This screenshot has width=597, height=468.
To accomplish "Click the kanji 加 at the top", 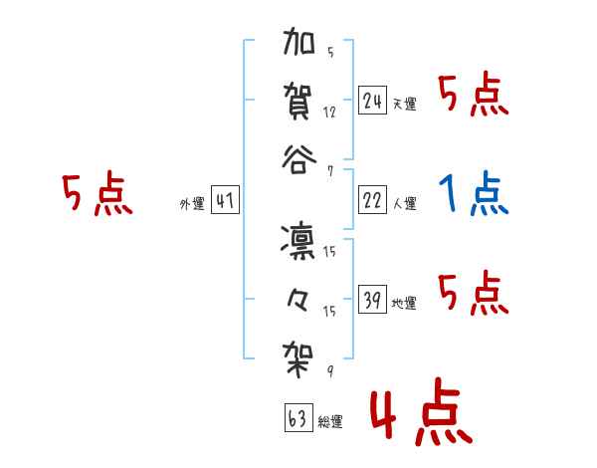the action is (x=299, y=44).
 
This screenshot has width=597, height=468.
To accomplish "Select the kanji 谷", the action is (x=299, y=159).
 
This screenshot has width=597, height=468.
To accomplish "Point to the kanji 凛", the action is (x=298, y=239).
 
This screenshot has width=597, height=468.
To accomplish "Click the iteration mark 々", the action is (x=298, y=297).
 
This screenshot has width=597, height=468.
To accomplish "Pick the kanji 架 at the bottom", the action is (x=299, y=354).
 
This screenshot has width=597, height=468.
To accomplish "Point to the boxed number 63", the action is (x=298, y=418).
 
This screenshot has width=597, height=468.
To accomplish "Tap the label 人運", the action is (x=405, y=203).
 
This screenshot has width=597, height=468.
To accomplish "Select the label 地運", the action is (x=405, y=303).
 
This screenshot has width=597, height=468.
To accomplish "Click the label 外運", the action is (x=192, y=203).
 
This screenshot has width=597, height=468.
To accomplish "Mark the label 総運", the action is (x=329, y=421).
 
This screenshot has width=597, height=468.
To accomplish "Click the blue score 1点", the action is (x=473, y=195).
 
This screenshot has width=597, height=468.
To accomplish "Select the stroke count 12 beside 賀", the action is (x=329, y=112).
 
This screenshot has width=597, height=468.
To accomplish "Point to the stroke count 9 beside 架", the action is (x=329, y=372).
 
